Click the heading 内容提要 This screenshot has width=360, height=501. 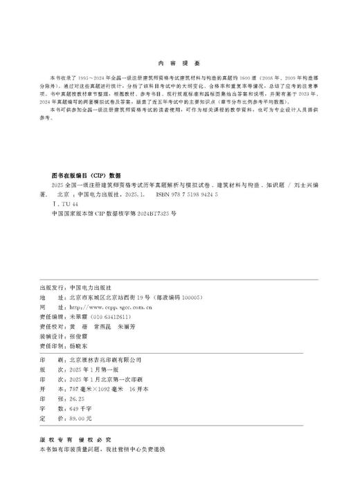click(179, 60)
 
